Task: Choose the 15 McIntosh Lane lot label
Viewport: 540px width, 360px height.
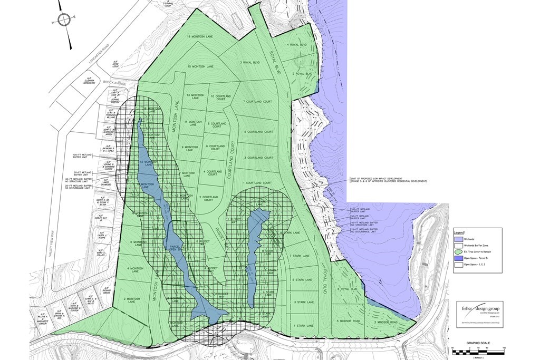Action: pyautogui.click(x=200, y=66)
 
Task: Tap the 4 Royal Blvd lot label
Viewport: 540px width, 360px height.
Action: pyautogui.click(x=296, y=45)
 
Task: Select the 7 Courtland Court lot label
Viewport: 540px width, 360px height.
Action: pyautogui.click(x=258, y=101)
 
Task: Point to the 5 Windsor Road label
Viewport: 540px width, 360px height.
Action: pyautogui.click(x=345, y=321)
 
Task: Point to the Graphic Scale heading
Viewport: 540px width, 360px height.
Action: pyautogui.click(x=478, y=343)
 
